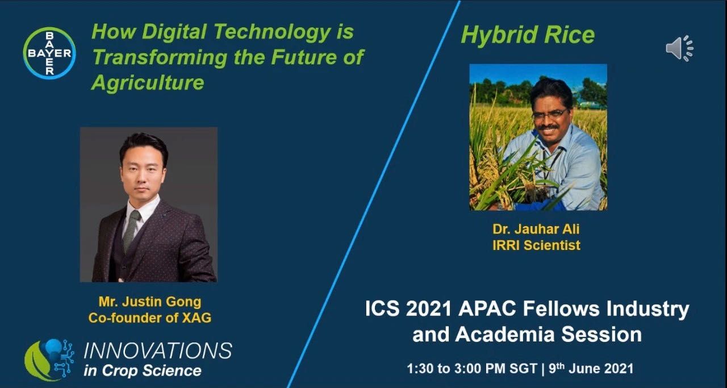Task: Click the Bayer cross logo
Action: [x=49, y=53]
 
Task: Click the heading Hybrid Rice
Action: [x=528, y=35]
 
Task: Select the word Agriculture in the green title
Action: [x=148, y=82]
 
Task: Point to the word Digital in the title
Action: [x=174, y=32]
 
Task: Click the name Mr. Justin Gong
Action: [x=149, y=302]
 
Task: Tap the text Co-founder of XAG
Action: [x=149, y=318]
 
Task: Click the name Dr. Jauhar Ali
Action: [x=536, y=229]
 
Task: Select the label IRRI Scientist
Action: [x=536, y=245]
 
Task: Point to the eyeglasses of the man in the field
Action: [x=550, y=114]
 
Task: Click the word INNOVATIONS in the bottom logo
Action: [x=158, y=351]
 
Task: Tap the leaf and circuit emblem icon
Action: [x=49, y=360]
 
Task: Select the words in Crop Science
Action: [x=143, y=371]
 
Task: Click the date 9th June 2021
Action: [x=591, y=369]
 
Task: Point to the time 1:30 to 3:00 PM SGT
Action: [x=472, y=369]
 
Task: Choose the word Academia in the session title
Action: [x=505, y=335]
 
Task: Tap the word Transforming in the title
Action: [x=160, y=58]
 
